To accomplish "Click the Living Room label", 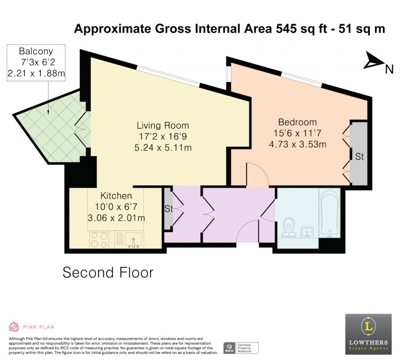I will [163, 126].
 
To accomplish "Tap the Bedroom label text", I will [297, 122].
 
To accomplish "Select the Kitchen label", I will [116, 195].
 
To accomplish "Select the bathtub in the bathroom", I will [329, 213].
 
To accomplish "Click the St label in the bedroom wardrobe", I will [359, 157].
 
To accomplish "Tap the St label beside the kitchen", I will [168, 209].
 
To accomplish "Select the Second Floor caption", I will [108, 272].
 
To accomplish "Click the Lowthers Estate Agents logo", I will [368, 334].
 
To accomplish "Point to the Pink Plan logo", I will [31, 327].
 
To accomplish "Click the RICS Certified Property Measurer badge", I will [240, 348].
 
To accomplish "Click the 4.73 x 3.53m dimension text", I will [297, 144].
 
